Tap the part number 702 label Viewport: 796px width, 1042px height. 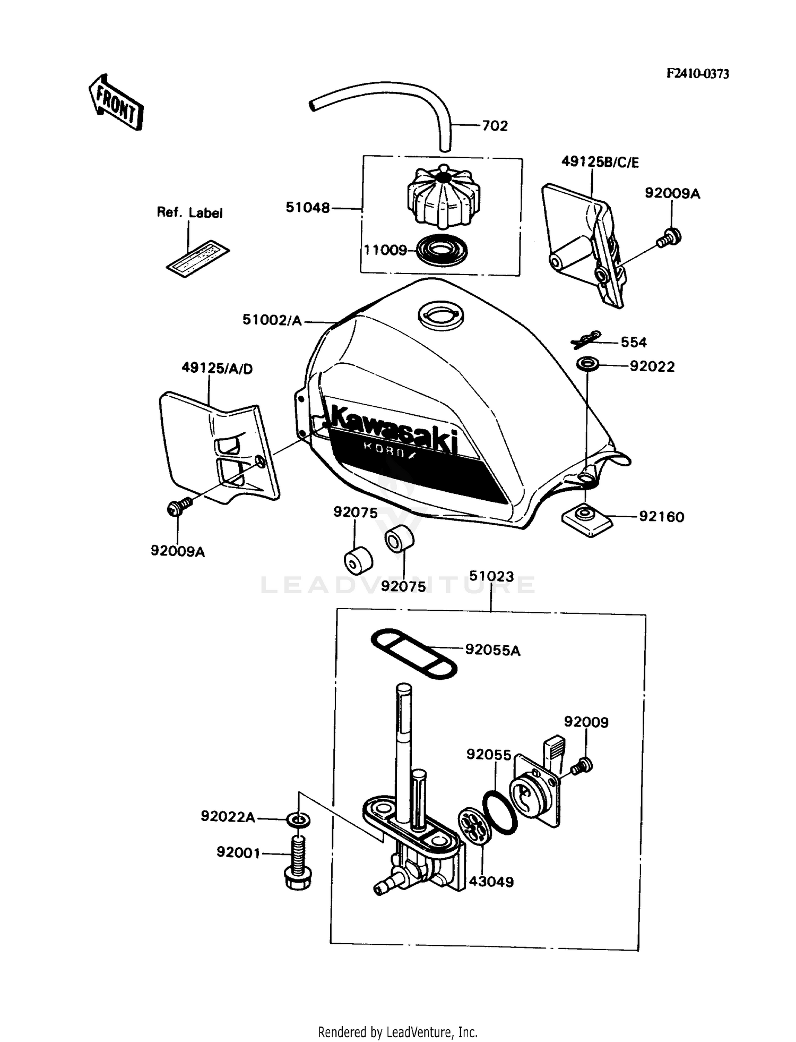pyautogui.click(x=495, y=126)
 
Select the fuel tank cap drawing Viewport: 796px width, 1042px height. pyautogui.click(x=443, y=198)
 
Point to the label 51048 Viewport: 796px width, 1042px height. pyautogui.click(x=308, y=208)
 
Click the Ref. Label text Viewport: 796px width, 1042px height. pyautogui.click(x=189, y=212)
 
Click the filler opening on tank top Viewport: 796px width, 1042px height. pyautogui.click(x=440, y=314)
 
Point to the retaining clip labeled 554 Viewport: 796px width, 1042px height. pyautogui.click(x=586, y=340)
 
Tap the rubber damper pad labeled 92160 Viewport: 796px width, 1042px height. pyautogui.click(x=586, y=519)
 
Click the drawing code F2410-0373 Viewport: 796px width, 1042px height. pyautogui.click(x=698, y=74)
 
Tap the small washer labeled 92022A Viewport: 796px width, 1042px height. pyautogui.click(x=299, y=820)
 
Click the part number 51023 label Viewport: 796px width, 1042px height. pyautogui.click(x=491, y=576)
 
